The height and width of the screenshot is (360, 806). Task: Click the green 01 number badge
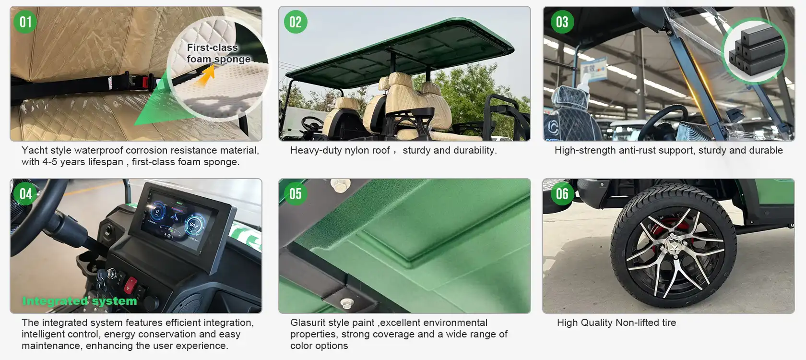(25, 22)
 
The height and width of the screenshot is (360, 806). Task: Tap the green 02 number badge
(296, 22)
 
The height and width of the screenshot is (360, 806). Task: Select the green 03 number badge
(562, 22)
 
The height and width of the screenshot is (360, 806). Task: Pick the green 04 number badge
(25, 194)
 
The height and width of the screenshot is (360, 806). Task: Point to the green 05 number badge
(296, 194)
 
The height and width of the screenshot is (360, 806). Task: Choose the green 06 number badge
(562, 194)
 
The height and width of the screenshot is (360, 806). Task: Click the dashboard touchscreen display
(178, 220)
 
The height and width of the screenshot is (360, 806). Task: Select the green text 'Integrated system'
(80, 301)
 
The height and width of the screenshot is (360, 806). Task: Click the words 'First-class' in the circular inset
(212, 48)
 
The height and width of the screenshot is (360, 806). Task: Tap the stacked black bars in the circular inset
(756, 50)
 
